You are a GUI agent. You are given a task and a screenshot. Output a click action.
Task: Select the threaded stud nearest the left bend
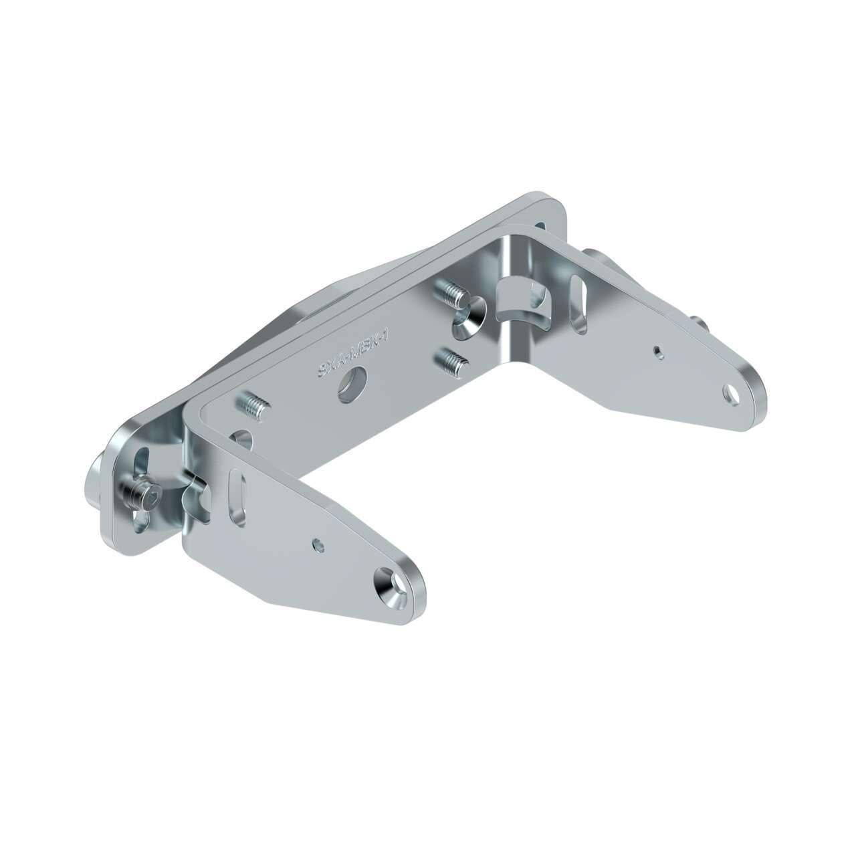252,405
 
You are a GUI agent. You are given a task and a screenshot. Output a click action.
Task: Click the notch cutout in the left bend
197,502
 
